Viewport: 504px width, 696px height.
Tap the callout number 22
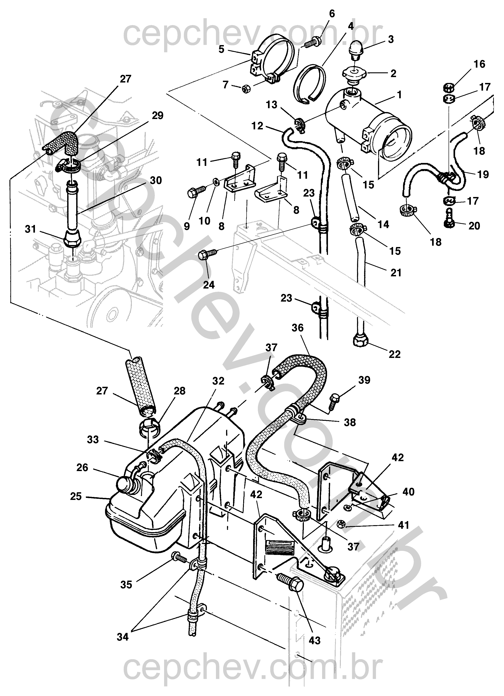coord(394,355)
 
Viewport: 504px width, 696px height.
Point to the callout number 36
coord(298,328)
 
